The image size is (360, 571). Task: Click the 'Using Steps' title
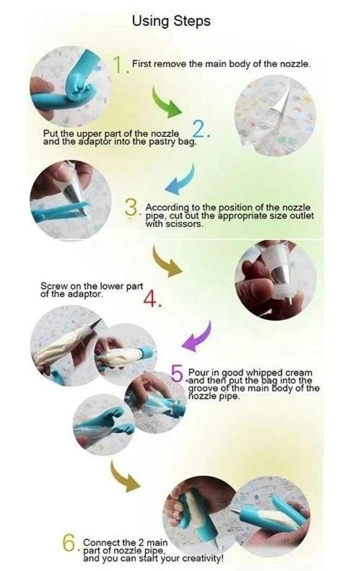pyautogui.click(x=171, y=22)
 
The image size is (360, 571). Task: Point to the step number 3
pyautogui.click(x=131, y=208)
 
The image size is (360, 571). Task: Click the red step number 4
pyautogui.click(x=150, y=299)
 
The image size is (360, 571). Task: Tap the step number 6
pyautogui.click(x=69, y=544)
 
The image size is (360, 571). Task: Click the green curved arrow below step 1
pyautogui.click(x=167, y=102)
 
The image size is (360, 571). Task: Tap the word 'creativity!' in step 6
pyautogui.click(x=202, y=558)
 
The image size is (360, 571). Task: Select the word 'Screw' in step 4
pyautogui.click(x=51, y=287)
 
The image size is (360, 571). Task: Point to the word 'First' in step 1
pyautogui.click(x=140, y=64)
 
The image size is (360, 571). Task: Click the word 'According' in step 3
pyautogui.click(x=167, y=208)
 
